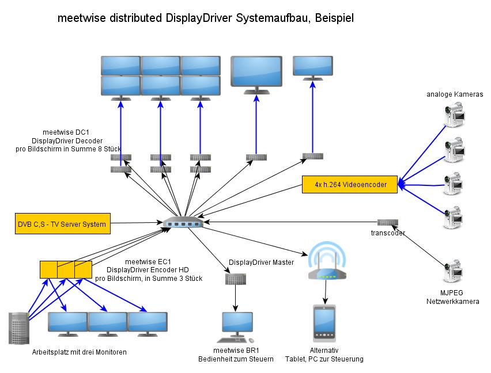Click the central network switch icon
tap(183, 223)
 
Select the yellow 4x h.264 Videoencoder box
tap(349, 185)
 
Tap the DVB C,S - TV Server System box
tap(62, 224)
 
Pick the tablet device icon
tap(324, 325)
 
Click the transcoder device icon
tap(387, 222)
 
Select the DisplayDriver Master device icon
tap(235, 279)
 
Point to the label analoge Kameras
tap(454, 94)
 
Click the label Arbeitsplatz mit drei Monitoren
tap(80, 352)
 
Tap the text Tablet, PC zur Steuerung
tap(324, 359)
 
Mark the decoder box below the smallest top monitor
tap(313, 156)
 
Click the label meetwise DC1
tap(62, 131)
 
